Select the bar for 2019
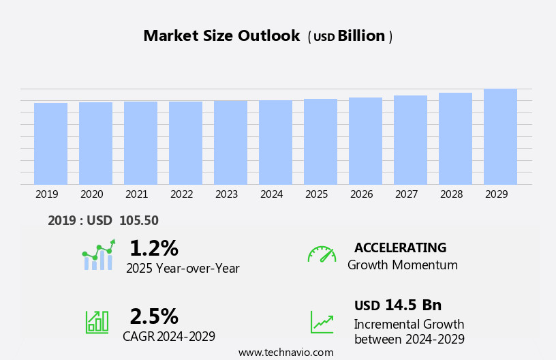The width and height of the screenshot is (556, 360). point(50,144)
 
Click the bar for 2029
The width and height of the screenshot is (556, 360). point(500,136)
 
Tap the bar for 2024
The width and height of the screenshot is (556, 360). point(275,142)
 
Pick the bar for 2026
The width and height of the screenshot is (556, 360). point(365,141)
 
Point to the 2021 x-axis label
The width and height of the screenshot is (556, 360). point(136,194)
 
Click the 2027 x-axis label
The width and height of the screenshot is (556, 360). point(406,194)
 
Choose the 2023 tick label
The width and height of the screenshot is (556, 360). point(226,194)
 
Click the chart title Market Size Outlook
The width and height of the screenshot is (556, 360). point(221,36)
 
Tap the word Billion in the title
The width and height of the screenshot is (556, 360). point(361,36)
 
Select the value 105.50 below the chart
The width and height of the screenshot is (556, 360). point(138,221)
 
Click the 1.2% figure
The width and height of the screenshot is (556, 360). point(153,248)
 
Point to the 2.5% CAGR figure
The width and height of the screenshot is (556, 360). point(154,316)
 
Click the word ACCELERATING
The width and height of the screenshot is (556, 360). point(400,248)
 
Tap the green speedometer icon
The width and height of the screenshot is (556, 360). point(322,254)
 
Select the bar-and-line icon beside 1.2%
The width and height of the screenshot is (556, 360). point(99,255)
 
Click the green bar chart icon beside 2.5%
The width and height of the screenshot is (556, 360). point(97,322)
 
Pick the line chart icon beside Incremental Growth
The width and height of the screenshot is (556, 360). point(322,322)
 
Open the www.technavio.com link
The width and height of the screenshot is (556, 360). point(285,352)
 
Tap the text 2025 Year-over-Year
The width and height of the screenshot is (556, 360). point(183,269)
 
